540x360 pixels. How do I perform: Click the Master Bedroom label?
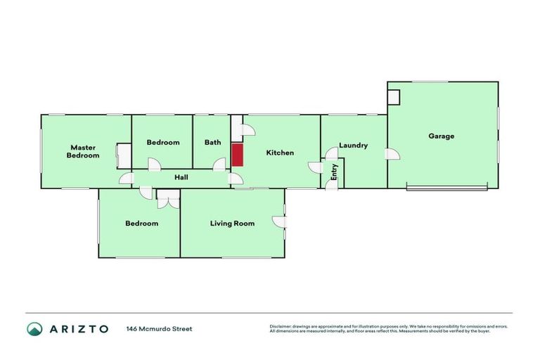click(x=83, y=151)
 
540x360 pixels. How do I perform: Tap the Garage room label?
click(x=442, y=136)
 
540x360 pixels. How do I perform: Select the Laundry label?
click(x=353, y=146)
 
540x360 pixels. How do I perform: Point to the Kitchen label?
click(x=279, y=153)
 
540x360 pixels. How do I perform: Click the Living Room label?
click(x=232, y=224)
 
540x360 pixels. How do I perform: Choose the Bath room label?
click(x=212, y=142)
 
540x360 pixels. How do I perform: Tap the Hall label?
click(x=181, y=177)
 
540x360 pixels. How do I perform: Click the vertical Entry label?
click(x=335, y=172)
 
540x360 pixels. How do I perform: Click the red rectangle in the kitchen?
click(x=237, y=155)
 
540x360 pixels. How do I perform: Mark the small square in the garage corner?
click(x=394, y=96)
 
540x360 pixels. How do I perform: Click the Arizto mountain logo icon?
click(x=34, y=328)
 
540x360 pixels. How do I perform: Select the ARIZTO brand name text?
click(x=79, y=328)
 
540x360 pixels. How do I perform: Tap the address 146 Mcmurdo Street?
click(x=159, y=328)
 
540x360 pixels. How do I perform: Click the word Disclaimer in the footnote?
click(x=281, y=326)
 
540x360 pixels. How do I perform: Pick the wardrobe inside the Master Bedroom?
click(x=123, y=155)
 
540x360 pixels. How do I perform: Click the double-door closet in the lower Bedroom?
click(x=168, y=202)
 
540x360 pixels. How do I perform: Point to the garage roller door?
click(x=446, y=187)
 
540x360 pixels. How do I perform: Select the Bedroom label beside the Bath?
click(x=163, y=142)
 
